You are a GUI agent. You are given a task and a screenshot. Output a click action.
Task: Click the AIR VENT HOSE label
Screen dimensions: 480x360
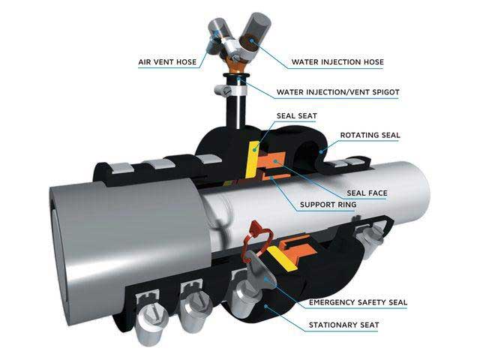pyautogui.click(x=167, y=62)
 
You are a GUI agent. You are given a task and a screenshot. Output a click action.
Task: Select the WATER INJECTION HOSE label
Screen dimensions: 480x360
pyautogui.click(x=337, y=62)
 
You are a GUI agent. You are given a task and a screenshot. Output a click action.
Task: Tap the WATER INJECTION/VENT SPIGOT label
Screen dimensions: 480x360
pyautogui.click(x=338, y=92)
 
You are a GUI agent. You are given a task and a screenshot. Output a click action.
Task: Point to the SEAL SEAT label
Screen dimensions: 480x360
pyautogui.click(x=297, y=116)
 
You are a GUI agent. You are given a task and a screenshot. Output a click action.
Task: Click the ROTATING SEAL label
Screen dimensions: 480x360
pyautogui.click(x=370, y=135)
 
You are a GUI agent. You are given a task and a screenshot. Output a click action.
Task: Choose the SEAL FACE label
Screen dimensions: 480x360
pyautogui.click(x=367, y=193)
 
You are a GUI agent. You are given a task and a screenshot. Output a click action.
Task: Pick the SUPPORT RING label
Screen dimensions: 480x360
pyautogui.click(x=328, y=205)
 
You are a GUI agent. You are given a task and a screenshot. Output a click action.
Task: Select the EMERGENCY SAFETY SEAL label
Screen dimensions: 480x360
pyautogui.click(x=358, y=303)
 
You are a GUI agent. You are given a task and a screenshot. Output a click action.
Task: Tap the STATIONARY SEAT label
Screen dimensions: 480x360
pyautogui.click(x=343, y=325)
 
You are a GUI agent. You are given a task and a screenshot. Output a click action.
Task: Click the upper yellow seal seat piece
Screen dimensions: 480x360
pyautogui.click(x=253, y=159)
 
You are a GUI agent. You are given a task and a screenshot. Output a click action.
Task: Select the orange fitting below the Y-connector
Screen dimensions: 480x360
pyautogui.click(x=236, y=67)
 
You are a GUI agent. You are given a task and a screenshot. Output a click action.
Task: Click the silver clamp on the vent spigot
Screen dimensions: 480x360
pyautogui.click(x=230, y=90)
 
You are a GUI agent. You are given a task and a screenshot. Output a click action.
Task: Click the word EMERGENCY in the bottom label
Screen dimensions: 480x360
pyautogui.click(x=329, y=303)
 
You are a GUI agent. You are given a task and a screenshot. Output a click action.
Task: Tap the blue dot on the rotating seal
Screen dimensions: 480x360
pyautogui.click(x=321, y=151)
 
